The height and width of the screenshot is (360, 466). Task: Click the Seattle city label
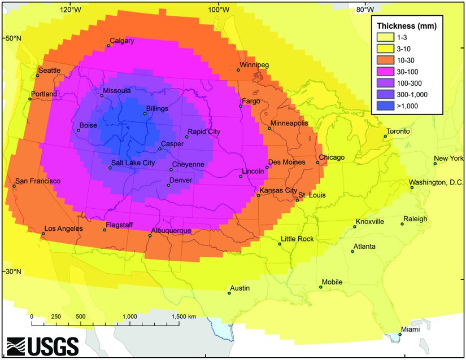click(x=50, y=70)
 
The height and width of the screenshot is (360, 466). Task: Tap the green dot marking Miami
click(x=400, y=335)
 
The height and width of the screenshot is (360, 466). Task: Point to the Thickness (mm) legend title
click(x=406, y=26)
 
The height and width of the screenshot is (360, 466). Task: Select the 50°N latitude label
click(x=14, y=38)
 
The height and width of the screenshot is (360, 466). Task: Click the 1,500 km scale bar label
click(x=184, y=317)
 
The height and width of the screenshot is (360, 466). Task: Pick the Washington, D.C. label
click(x=436, y=182)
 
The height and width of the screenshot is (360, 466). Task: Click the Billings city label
click(x=157, y=108)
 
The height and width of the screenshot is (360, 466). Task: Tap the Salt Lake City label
click(x=133, y=163)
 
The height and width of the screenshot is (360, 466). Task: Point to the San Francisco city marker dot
click(x=14, y=186)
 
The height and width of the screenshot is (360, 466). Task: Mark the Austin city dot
click(x=229, y=293)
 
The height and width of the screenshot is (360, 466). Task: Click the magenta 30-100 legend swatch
click(x=386, y=72)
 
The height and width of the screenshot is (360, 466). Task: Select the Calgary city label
click(x=121, y=41)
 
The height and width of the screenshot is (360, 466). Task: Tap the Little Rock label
click(x=297, y=239)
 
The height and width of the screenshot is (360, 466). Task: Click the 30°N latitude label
click(x=14, y=271)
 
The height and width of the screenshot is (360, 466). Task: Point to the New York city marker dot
click(x=435, y=164)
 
